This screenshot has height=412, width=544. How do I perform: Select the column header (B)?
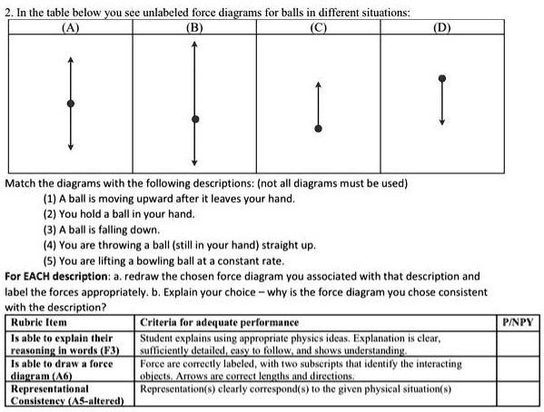pyautogui.click(x=193, y=25)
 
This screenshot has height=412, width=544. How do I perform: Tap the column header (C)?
pyautogui.click(x=317, y=25)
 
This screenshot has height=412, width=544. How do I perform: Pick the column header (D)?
pyautogui.click(x=441, y=25)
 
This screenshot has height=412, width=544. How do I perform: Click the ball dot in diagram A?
pyautogui.click(x=71, y=103)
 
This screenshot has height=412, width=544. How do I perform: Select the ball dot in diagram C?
pyautogui.click(x=317, y=127)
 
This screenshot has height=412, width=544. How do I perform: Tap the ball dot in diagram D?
pyautogui.click(x=441, y=79)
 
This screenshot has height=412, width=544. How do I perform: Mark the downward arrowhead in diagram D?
pyautogui.click(x=441, y=124)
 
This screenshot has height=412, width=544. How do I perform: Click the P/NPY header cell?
pyautogui.click(x=519, y=322)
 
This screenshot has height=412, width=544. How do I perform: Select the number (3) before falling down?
pyautogui.click(x=48, y=229)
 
